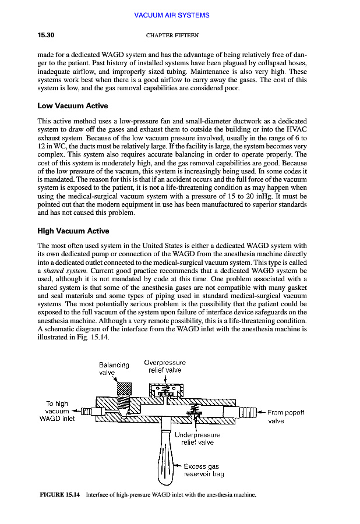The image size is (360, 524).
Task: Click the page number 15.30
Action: [x=46, y=36]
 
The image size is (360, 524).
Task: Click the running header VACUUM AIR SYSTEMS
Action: [x=172, y=15]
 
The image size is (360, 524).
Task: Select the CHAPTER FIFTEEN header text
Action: [x=172, y=36]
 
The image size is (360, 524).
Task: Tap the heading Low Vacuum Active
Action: [x=72, y=106]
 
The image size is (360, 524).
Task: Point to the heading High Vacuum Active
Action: [x=73, y=231]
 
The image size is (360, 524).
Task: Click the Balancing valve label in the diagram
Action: [x=114, y=369]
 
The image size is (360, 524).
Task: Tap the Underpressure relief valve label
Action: [x=197, y=438]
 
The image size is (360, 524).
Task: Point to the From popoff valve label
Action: [x=285, y=416]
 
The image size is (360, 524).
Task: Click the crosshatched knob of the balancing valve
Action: [x=125, y=388]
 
